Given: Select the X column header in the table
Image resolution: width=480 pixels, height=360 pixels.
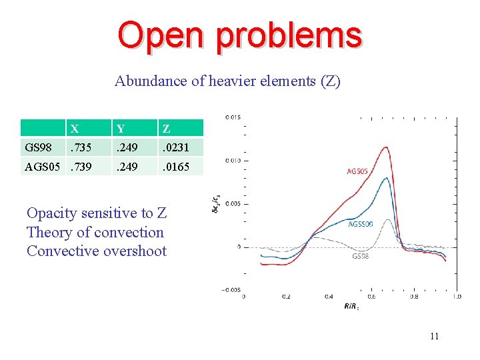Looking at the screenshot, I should coord(75,129).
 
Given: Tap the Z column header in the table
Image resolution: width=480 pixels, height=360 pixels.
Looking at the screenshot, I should coord(166,129).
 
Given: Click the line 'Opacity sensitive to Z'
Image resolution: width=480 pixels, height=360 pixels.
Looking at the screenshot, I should coord(97,213).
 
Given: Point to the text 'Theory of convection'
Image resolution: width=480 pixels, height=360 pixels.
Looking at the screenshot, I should coord(95,232).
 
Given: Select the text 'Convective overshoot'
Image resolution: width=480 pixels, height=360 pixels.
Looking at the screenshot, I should coord(97,251).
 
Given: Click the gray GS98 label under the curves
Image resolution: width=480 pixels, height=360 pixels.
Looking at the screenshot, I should coord(361,256).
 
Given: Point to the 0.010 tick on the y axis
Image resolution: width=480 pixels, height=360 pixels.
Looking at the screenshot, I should coord(233,161).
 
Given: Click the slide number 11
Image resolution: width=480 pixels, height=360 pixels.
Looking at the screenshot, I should coord(434,337).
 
